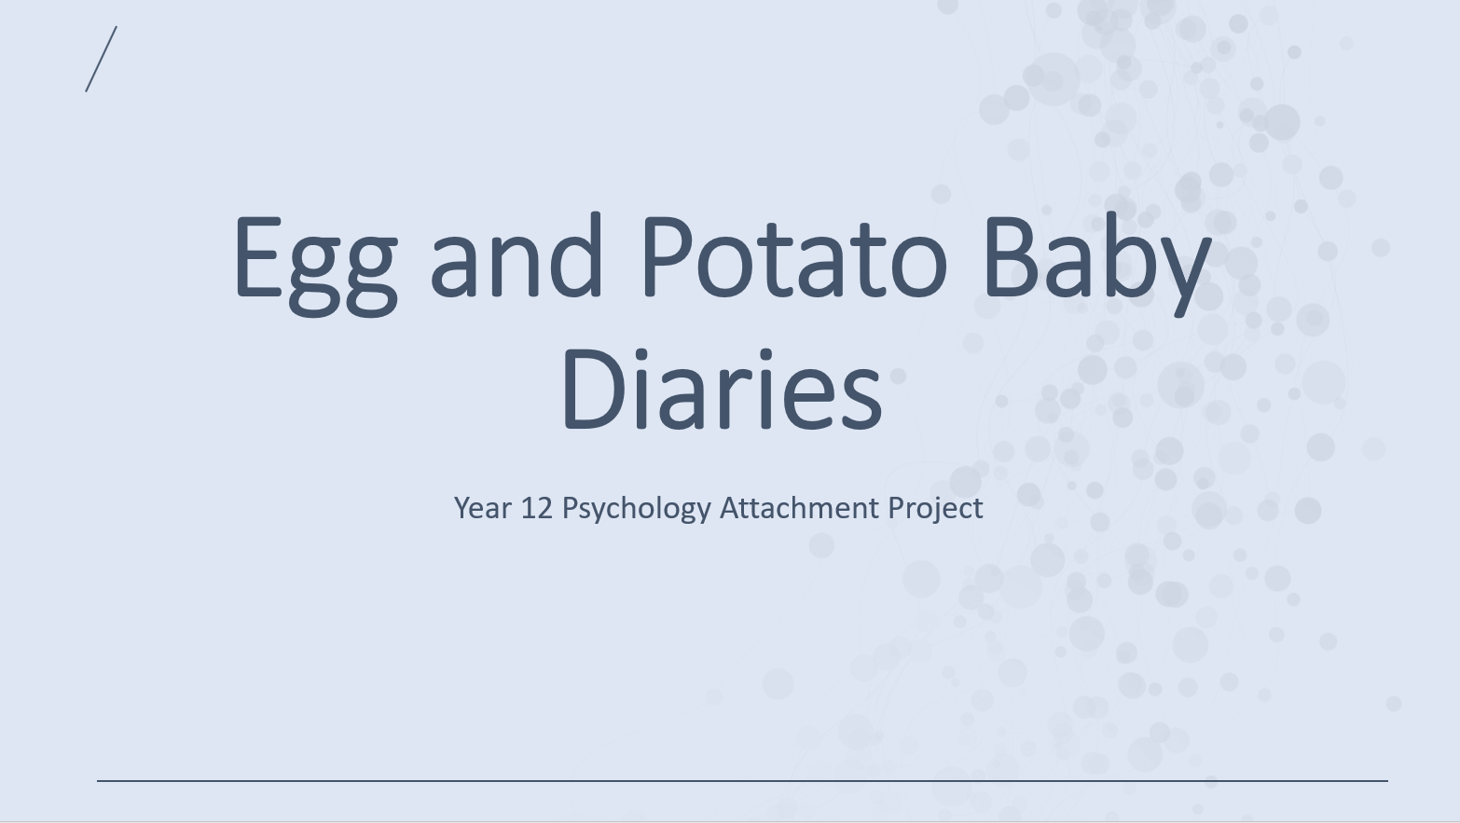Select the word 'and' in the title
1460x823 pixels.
point(516,254)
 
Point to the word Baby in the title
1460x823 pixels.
point(1098,264)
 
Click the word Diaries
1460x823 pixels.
point(723,390)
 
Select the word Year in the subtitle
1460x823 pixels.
point(482,508)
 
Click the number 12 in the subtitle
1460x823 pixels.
point(537,508)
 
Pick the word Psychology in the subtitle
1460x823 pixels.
point(636,509)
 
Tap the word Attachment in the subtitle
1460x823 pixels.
point(798,508)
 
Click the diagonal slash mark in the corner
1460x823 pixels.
point(101,59)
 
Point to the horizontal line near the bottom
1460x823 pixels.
point(742,780)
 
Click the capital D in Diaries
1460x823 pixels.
point(596,390)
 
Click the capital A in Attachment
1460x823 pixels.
point(731,508)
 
